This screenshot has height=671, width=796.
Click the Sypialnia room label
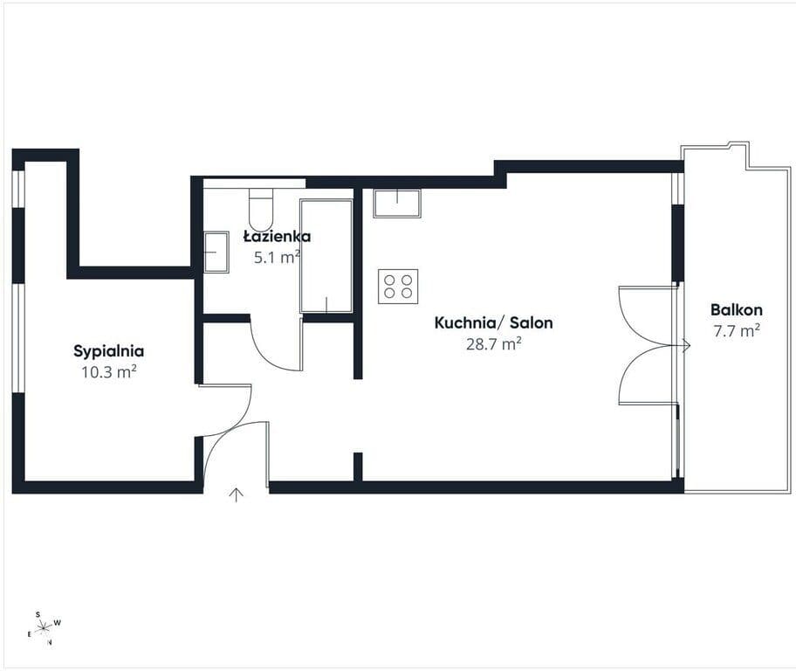click(108, 351)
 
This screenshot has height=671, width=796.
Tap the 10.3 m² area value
click(109, 372)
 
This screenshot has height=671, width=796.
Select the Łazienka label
click(278, 237)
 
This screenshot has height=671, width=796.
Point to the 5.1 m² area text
click(277, 257)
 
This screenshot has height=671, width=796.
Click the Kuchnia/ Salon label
click(493, 322)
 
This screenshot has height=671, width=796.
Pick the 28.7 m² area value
click(493, 344)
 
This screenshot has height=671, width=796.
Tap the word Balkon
click(736, 309)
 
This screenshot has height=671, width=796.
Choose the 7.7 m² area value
click(737, 331)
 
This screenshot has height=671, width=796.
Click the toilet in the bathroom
click(261, 209)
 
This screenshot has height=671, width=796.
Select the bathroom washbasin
click(216, 252)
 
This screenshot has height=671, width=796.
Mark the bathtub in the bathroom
click(326, 256)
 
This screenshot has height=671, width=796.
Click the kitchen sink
click(397, 204)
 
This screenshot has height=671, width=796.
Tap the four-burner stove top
click(398, 287)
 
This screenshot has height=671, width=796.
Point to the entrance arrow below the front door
click(236, 495)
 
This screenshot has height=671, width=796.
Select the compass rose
click(45, 627)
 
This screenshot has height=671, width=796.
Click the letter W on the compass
click(58, 623)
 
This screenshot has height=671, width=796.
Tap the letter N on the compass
click(49, 642)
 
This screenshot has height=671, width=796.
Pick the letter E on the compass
click(30, 634)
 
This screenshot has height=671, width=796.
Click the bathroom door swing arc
click(263, 356)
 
